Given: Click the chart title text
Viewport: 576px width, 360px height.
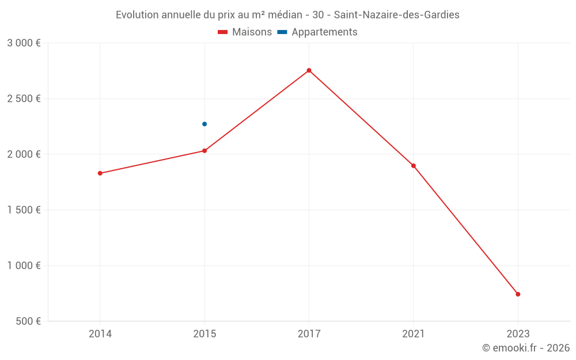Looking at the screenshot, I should click(x=287, y=15).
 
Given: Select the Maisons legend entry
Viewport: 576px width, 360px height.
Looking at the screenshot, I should click(x=245, y=32).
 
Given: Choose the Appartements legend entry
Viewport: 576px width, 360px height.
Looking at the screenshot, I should click(x=317, y=32).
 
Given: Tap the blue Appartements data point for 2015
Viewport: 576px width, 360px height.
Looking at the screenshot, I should click(x=204, y=124).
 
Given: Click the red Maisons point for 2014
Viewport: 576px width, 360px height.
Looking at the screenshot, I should click(x=100, y=173).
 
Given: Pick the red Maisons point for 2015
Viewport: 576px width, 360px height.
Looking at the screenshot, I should click(x=204, y=151).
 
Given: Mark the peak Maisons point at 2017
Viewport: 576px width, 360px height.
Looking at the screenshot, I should click(x=309, y=70).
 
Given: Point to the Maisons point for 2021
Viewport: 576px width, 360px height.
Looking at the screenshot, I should click(x=414, y=166).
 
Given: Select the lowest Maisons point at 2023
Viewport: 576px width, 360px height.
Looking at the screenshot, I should click(x=518, y=294).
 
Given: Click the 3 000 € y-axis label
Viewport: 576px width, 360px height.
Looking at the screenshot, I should click(x=24, y=43).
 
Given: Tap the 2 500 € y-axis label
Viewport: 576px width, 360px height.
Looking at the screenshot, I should click(x=24, y=98).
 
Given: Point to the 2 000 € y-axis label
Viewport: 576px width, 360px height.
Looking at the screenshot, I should click(x=24, y=154).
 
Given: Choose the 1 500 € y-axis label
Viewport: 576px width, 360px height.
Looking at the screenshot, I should click(x=24, y=210).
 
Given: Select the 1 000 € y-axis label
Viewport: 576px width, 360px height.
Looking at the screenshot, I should click(x=24, y=266).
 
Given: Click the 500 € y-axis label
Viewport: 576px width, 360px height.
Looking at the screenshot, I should click(x=28, y=321).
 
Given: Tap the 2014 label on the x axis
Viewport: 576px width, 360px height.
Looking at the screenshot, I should click(x=100, y=334).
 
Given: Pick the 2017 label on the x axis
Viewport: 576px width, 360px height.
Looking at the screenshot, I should click(x=309, y=334).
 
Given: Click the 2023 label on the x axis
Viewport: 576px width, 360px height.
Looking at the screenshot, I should click(x=518, y=334).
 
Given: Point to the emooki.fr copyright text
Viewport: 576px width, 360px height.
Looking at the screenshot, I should click(x=525, y=348).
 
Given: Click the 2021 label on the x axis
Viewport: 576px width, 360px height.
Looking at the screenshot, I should click(x=414, y=334).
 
